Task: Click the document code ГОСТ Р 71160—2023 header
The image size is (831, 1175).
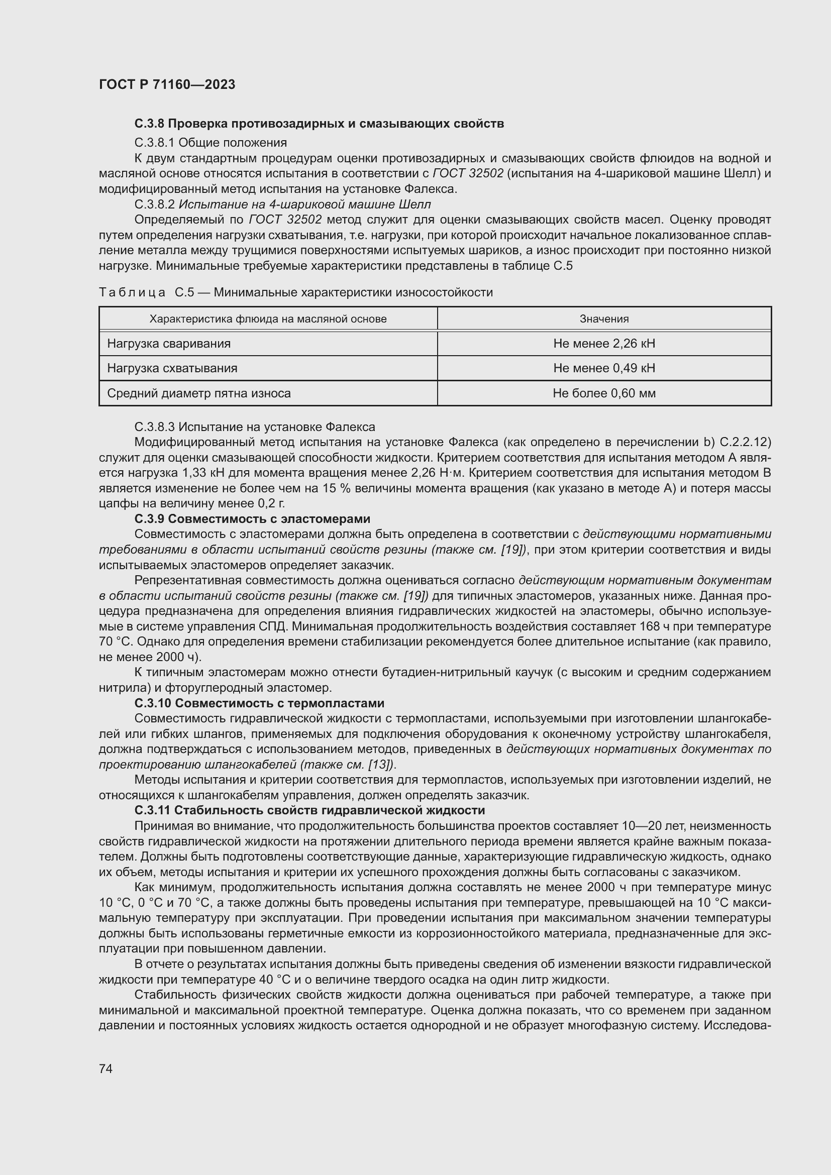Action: [167, 85]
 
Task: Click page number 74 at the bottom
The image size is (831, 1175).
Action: [106, 1068]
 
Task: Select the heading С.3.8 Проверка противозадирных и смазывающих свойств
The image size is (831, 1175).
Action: [319, 124]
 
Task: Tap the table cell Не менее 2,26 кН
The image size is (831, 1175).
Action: [604, 344]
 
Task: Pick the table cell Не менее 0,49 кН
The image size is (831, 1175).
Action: [604, 368]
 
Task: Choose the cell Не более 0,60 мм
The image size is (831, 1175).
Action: [604, 393]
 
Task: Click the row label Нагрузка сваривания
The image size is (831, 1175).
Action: [169, 344]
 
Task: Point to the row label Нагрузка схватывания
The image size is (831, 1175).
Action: [172, 368]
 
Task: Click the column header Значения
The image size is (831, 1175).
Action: [604, 319]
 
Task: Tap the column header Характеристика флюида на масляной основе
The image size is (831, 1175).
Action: [268, 319]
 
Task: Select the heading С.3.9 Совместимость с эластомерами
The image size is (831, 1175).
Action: [252, 519]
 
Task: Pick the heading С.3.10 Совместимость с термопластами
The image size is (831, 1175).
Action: [259, 703]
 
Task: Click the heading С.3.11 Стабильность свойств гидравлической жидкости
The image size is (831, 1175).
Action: [309, 811]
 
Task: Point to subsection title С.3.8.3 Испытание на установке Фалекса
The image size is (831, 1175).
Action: [254, 427]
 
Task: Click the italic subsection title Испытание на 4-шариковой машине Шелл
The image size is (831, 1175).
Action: [304, 204]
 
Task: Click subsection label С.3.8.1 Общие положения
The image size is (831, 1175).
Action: [211, 142]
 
